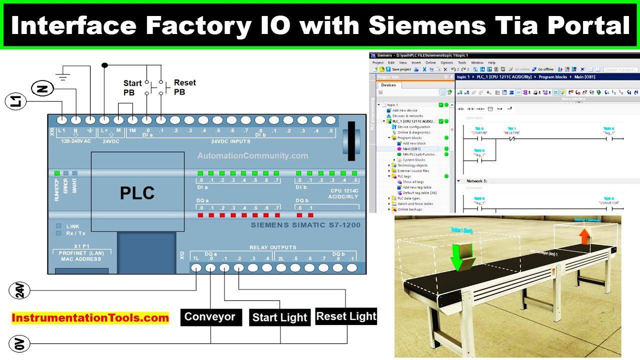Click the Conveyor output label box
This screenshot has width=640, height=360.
[x=210, y=317]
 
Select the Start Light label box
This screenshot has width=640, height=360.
[x=279, y=317]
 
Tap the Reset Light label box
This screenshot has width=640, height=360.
[x=346, y=316]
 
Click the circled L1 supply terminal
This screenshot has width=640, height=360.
[x=15, y=102]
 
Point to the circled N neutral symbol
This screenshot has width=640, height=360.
[x=42, y=89]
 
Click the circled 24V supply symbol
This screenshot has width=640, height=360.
[x=19, y=290]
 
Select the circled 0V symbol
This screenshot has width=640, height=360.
[x=19, y=344]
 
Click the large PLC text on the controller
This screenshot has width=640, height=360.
[x=137, y=193]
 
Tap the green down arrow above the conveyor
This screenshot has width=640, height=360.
[x=462, y=256]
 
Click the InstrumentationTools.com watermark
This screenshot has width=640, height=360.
[x=90, y=318]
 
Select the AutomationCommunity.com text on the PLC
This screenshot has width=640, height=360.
[x=252, y=156]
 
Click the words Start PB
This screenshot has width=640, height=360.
[x=132, y=87]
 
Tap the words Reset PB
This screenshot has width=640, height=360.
[x=184, y=87]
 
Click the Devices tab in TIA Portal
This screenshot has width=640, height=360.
[x=388, y=85]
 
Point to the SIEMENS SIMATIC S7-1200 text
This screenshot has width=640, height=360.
[x=305, y=225]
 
